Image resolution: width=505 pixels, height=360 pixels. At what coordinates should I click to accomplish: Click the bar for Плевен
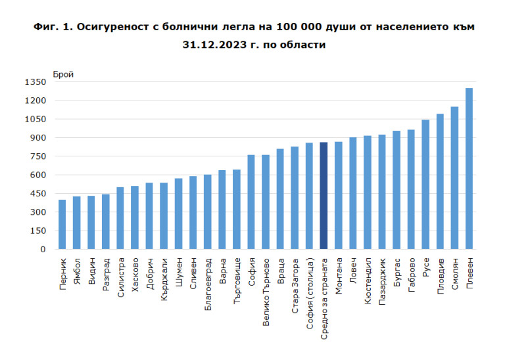(469, 169)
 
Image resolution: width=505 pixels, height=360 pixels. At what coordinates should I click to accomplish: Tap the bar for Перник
(62, 225)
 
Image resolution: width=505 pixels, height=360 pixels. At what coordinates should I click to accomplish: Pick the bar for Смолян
(454, 178)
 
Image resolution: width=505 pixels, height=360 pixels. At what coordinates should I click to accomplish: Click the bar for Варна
(222, 210)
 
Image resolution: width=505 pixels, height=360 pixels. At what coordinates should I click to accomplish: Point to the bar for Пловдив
(440, 182)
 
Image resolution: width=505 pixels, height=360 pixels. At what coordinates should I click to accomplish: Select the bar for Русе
(425, 185)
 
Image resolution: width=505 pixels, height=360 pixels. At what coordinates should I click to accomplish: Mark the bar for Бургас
(397, 190)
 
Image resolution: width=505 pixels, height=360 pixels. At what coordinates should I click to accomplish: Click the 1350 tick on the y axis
(36, 82)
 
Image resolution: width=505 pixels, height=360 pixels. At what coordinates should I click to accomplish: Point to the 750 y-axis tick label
(37, 156)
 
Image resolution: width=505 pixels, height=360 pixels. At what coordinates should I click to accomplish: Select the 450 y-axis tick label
(37, 194)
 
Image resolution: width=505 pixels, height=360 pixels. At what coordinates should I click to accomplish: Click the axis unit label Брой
(63, 74)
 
